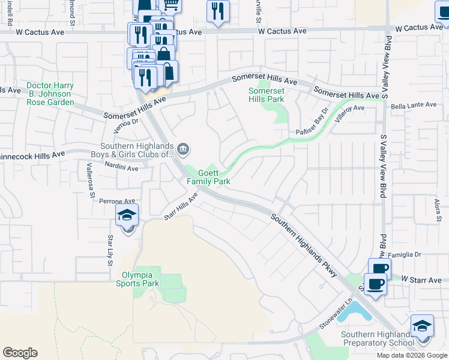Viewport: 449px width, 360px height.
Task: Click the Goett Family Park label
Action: [x=208, y=176]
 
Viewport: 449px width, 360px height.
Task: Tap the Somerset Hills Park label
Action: [x=267, y=95]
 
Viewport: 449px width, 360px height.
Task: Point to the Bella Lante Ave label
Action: [x=414, y=104]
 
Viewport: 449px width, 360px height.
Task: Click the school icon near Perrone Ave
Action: [x=127, y=215]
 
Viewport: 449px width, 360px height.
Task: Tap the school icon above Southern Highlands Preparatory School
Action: [x=422, y=326]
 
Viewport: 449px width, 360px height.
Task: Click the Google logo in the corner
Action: [x=20, y=353]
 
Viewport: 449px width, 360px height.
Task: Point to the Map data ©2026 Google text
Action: [x=412, y=355]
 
